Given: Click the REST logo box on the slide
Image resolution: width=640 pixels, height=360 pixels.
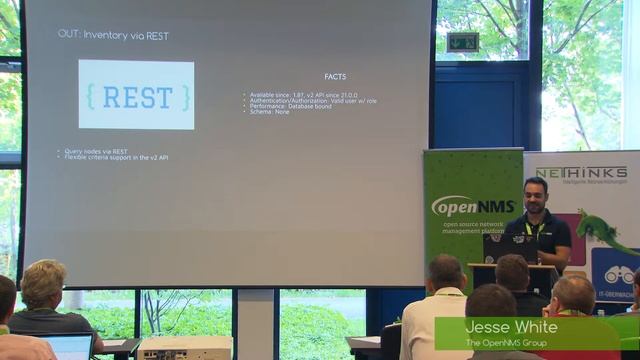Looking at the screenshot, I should tap(136, 94).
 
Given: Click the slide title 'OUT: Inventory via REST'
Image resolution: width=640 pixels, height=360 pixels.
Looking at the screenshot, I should tap(113, 35).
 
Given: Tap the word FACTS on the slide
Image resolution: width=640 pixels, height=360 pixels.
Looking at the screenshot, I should tap(335, 77).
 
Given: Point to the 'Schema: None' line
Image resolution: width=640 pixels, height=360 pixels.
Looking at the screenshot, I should tap(268, 112).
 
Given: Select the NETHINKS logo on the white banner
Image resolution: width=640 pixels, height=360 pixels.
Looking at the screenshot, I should tap(581, 173).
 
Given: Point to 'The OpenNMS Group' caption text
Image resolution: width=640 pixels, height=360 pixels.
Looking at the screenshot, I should tap(507, 343).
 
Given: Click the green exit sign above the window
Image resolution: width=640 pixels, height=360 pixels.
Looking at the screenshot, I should tap(463, 41).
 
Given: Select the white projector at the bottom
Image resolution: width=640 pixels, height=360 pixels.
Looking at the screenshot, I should tap(185, 347).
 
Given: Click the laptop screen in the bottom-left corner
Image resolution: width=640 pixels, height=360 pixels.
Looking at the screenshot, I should tap(70, 347).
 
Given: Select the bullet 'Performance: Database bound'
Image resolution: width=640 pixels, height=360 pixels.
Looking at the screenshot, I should tap(283, 106).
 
